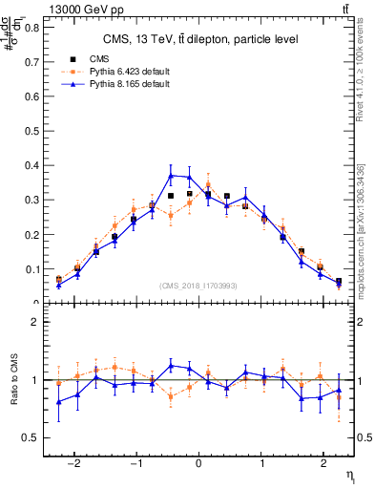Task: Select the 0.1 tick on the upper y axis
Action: (x=35, y=269)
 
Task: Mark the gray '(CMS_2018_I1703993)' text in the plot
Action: (x=198, y=285)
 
